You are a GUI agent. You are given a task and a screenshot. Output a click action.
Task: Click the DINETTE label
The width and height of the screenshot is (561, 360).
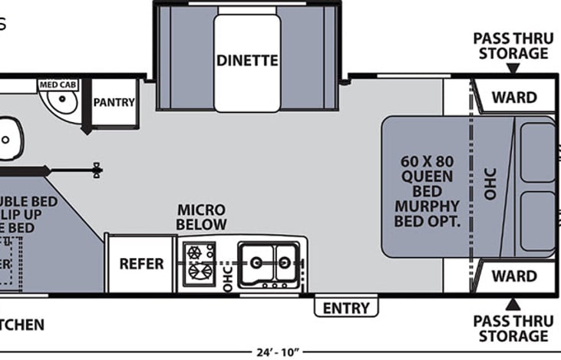click(x=246, y=61)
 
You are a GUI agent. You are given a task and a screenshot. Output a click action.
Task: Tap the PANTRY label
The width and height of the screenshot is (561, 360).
click(x=114, y=102)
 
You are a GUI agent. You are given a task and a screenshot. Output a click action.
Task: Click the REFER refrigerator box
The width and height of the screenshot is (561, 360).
click(x=141, y=263)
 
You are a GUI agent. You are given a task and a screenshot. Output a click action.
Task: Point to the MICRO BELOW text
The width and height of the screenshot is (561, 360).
click(x=202, y=217)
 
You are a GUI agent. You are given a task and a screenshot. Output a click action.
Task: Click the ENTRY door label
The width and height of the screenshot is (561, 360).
click(x=346, y=308)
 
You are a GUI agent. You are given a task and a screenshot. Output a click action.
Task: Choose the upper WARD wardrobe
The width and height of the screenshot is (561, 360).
click(x=514, y=97)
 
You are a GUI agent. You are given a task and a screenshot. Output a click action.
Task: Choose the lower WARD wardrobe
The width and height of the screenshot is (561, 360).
click(x=514, y=276)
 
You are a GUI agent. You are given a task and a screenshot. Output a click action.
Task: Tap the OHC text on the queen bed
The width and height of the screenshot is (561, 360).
click(x=491, y=184)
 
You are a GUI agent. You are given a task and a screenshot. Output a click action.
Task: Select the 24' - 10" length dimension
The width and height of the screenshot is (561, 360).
click(x=278, y=353)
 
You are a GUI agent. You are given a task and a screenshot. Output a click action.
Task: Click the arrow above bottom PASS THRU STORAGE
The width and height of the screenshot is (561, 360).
click(x=512, y=305)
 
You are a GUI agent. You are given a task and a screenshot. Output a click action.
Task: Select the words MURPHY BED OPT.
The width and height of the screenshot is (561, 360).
click(x=427, y=213)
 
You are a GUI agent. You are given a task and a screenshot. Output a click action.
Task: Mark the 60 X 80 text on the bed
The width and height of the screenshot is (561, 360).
click(x=427, y=162)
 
